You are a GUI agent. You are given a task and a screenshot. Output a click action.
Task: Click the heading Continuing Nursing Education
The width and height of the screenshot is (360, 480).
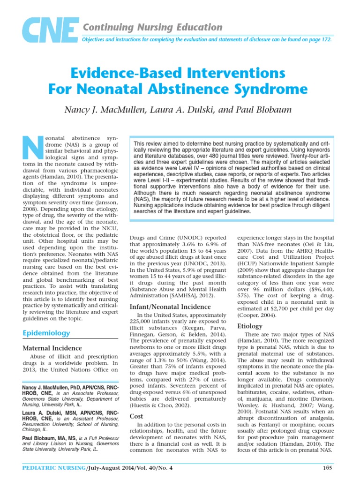coord(146,27)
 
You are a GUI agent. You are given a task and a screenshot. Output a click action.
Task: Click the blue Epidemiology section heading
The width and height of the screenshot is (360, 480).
coord(46,333)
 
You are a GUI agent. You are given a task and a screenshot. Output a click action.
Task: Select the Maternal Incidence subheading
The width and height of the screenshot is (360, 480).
coord(52,348)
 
